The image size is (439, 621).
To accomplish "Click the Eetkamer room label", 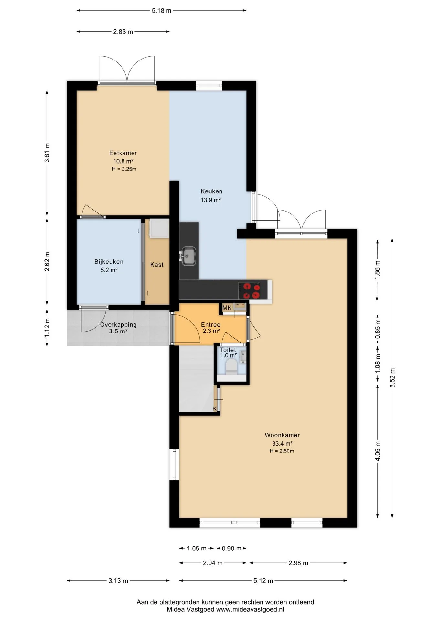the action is click(x=123, y=153).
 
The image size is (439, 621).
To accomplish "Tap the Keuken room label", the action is click(x=211, y=191).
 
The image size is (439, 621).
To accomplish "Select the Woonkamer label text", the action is click(x=282, y=435).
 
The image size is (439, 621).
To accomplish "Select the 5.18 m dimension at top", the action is click(x=162, y=11).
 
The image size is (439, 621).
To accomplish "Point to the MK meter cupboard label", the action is click(x=227, y=308).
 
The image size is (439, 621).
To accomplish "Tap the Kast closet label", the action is click(x=157, y=265).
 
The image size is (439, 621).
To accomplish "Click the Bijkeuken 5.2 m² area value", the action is click(x=109, y=270).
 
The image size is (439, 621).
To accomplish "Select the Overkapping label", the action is click(x=118, y=324).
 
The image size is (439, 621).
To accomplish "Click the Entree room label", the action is click(x=210, y=324).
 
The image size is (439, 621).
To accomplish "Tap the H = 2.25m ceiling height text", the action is click(x=124, y=169).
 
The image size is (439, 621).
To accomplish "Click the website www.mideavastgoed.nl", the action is click(x=250, y=609).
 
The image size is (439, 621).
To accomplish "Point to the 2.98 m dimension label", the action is click(x=298, y=563).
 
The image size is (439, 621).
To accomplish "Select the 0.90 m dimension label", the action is click(x=231, y=549).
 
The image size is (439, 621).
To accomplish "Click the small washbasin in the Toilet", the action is click(x=243, y=357).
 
